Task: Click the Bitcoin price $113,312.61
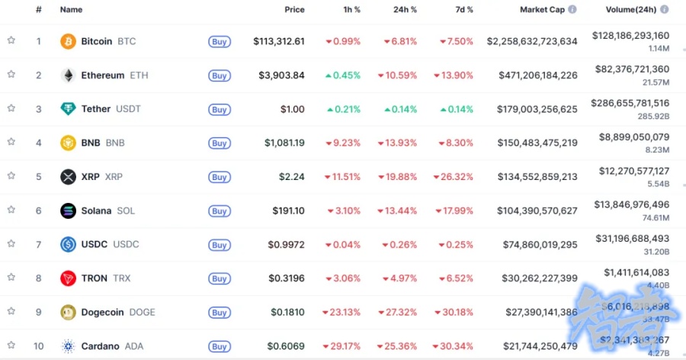click(x=279, y=41)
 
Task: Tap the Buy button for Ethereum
click(x=220, y=76)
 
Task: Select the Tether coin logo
click(x=69, y=109)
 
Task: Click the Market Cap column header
click(x=542, y=10)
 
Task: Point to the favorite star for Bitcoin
click(x=11, y=40)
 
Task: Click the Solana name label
click(x=96, y=211)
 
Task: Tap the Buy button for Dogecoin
click(x=220, y=312)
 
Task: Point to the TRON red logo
click(x=69, y=278)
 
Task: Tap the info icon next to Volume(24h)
click(x=665, y=9)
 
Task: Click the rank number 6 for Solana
click(x=38, y=211)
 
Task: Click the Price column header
click(x=294, y=10)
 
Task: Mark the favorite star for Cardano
click(x=11, y=346)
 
